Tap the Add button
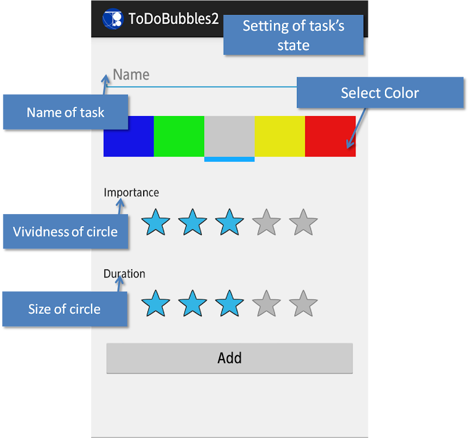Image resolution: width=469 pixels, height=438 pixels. pyautogui.click(x=230, y=358)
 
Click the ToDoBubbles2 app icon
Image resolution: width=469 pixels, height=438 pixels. pyautogui.click(x=113, y=19)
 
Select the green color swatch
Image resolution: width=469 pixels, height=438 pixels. pyautogui.click(x=179, y=136)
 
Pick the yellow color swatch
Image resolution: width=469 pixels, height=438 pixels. pyautogui.click(x=280, y=136)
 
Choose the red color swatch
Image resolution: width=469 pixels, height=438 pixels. pyautogui.click(x=330, y=136)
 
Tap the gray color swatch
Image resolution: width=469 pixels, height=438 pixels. pyautogui.click(x=230, y=136)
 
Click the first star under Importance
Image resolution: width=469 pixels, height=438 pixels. pyautogui.click(x=156, y=222)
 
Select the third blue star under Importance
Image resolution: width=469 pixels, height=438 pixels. pyautogui.click(x=230, y=222)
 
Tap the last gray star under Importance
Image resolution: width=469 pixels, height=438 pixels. pyautogui.click(x=303, y=222)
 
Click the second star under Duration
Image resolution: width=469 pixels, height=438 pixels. pyautogui.click(x=192, y=303)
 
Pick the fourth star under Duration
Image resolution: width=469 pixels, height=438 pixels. pyautogui.click(x=266, y=303)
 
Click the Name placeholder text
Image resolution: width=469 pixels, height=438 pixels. pyautogui.click(x=131, y=74)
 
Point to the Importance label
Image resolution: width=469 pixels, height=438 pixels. pyautogui.click(x=131, y=193)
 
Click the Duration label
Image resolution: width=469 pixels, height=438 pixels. pyautogui.click(x=125, y=274)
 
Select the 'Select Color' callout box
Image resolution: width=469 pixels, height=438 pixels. pyautogui.click(x=380, y=93)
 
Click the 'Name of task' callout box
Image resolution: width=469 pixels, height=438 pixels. pyautogui.click(x=66, y=112)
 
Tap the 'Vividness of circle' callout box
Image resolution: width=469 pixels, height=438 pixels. pyautogui.click(x=66, y=231)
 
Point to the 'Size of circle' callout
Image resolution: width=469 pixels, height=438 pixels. pyautogui.click(x=65, y=309)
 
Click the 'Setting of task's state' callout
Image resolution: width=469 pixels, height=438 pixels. pyautogui.click(x=294, y=34)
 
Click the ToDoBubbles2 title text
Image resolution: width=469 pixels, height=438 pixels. pyautogui.click(x=174, y=19)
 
